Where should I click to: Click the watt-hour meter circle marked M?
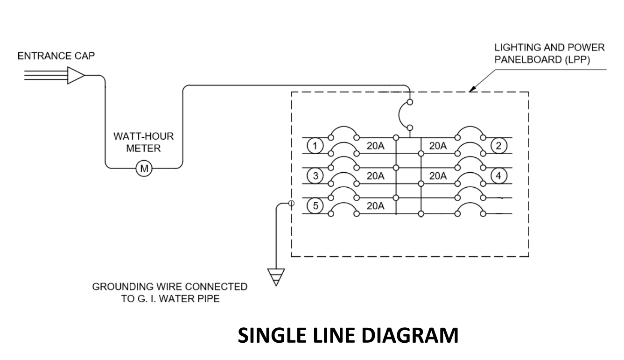144,168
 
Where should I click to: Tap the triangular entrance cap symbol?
75,75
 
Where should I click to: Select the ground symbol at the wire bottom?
275,277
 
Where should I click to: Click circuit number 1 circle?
315,146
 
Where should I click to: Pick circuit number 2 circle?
498,146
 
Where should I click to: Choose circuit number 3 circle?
315,176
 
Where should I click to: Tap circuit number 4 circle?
498,176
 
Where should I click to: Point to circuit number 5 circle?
315,206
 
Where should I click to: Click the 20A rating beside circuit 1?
375,146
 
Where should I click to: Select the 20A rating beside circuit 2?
438,146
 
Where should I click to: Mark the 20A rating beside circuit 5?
375,206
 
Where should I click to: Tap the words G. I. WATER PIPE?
170,299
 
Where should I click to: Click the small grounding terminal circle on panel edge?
291,203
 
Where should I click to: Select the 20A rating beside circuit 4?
438,176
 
